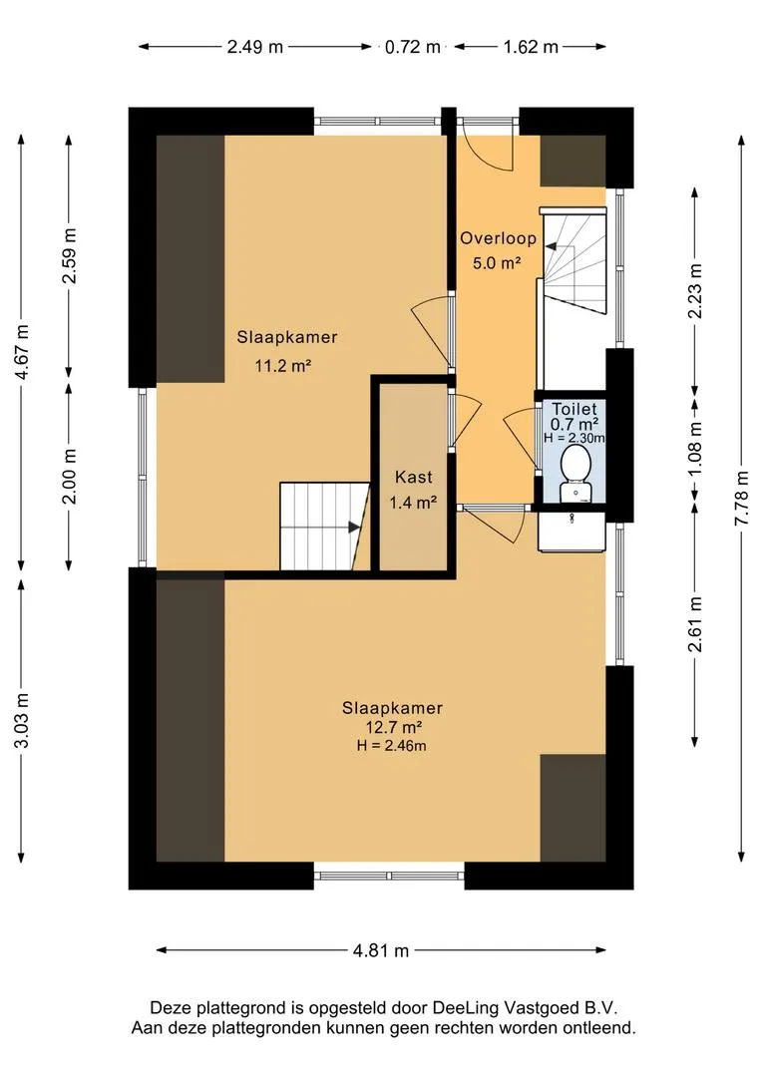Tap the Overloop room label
pos(498,239)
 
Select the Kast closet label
pos(413,477)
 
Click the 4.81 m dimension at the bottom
pos(381,950)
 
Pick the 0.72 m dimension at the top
pos(413,46)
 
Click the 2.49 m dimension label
pos(254,46)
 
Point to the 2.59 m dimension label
pos(70,256)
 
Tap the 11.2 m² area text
pos(284,366)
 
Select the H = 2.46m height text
pos(392,745)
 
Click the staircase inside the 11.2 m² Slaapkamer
pos(318,526)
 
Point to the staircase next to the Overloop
pos(572,262)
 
